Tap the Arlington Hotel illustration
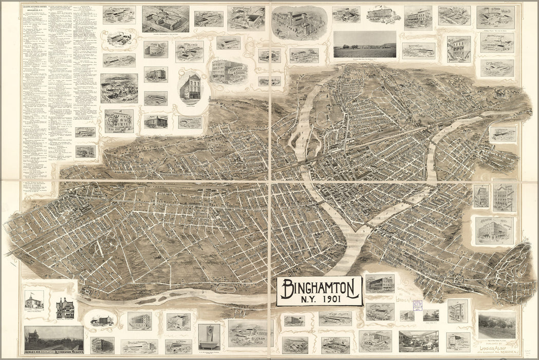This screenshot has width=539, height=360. click(494, 230)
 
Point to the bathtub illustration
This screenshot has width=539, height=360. click(209, 336)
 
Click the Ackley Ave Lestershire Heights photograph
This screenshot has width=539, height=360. click(53, 339)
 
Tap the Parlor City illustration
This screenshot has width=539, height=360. click(119, 121)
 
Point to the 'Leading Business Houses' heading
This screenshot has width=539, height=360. click(35, 7)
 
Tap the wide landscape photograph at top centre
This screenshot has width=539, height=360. click(364, 45)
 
